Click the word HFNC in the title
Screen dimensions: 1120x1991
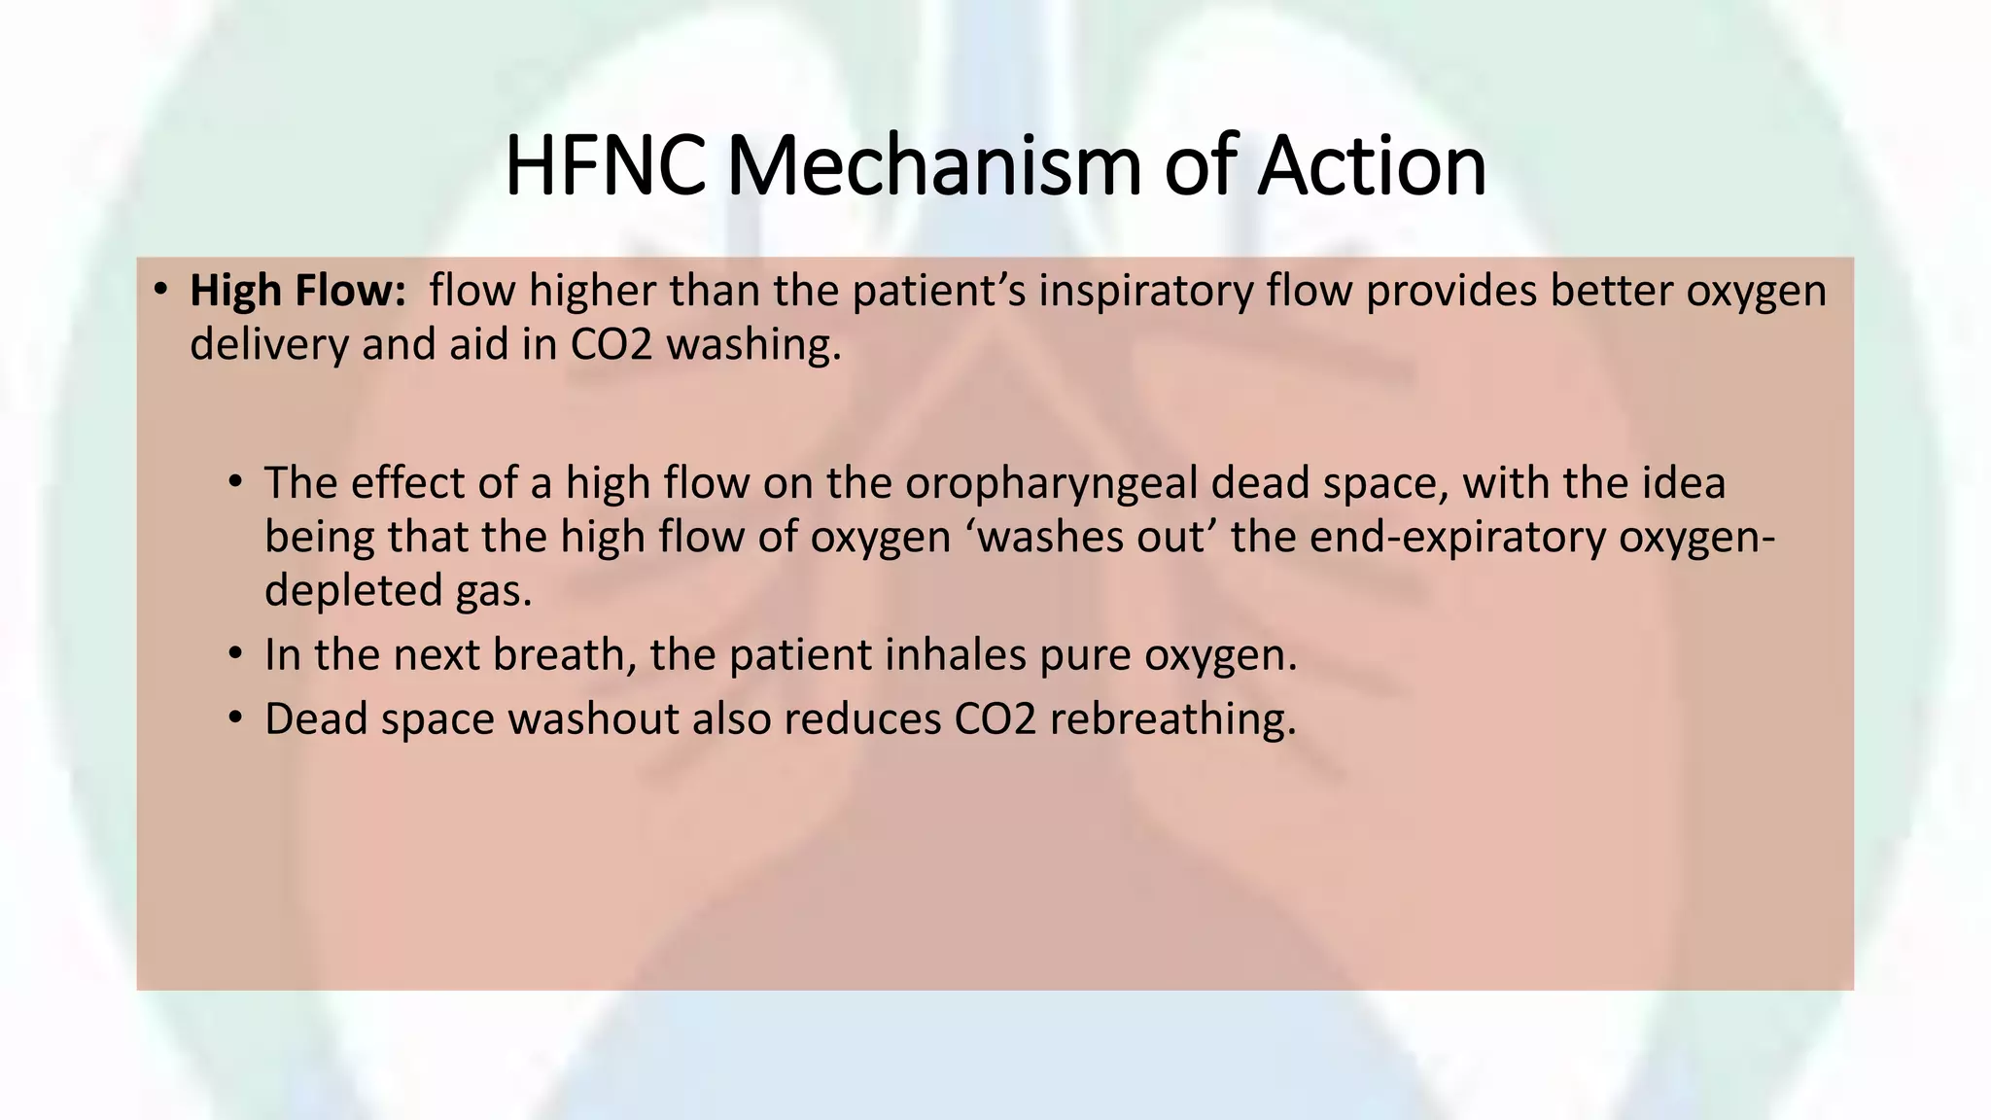605,166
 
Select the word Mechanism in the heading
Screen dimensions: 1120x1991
933,166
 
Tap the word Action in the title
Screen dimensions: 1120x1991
1372,166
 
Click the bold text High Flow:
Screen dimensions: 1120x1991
297,291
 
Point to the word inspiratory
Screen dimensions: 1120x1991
1146,291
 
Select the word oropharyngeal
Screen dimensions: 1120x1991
1051,483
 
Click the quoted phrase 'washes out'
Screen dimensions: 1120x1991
1091,537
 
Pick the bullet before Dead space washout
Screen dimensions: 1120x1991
235,717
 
